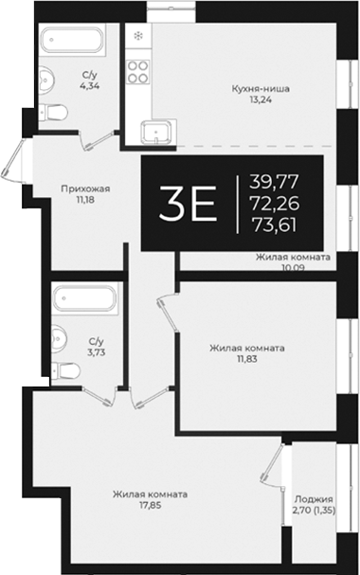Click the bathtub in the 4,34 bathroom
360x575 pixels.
74,42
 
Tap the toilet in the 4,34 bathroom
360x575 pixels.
55,112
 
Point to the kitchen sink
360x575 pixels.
153,132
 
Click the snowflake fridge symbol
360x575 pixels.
138,37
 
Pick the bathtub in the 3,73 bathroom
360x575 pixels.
82,301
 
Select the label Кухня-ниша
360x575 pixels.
261,89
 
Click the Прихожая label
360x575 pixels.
86,189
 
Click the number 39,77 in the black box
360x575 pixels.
273,182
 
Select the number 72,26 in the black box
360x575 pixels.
273,203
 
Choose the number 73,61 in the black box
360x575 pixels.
273,225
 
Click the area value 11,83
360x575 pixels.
246,360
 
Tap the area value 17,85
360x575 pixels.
149,507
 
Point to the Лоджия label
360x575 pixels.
314,499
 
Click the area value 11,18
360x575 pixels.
86,201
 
